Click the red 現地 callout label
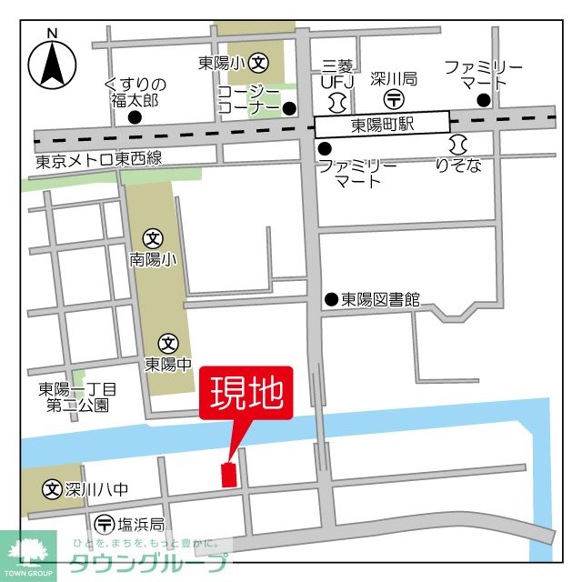(246, 395)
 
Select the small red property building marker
(227, 474)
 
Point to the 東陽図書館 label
(380, 299)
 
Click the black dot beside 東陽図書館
(331, 299)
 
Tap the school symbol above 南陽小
(153, 240)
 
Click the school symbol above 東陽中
(168, 344)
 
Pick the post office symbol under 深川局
(394, 98)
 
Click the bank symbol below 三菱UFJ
(337, 99)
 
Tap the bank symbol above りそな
(457, 145)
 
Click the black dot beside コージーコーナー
(289, 109)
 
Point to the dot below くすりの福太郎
(135, 117)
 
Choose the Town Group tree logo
(27, 550)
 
